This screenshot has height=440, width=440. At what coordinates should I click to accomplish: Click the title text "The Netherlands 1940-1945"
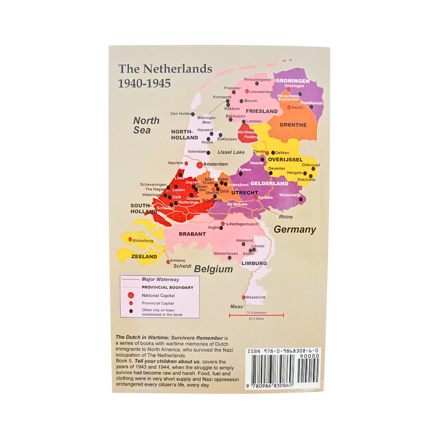coord(165,76)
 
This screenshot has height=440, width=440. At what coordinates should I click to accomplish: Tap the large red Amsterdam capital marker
coord(199,165)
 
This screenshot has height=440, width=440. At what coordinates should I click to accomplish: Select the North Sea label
coord(146,125)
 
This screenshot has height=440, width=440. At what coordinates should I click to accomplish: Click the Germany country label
coord(295,229)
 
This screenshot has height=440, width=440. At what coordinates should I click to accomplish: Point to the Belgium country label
coord(213,269)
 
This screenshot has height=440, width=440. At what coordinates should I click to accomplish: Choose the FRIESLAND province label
coord(262,111)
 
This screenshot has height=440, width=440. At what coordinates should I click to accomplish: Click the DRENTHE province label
coord(293,125)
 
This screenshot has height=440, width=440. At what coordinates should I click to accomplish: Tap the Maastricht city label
coord(256,297)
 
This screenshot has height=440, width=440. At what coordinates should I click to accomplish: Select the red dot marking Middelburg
coord(130,240)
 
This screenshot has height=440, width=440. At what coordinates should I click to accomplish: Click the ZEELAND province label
coord(144,257)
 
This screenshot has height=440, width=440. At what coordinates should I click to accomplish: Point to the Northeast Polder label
coord(248,134)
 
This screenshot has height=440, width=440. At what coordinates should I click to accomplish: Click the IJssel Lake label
coord(231,152)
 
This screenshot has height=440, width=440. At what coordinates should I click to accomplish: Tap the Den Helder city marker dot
coord(193,114)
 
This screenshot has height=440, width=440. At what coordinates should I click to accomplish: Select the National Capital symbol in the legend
coord(131,295)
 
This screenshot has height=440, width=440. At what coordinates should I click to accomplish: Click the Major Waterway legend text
coord(160,279)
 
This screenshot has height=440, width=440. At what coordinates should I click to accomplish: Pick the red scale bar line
coord(256,315)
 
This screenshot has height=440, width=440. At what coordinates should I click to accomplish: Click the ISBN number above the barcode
coord(283,351)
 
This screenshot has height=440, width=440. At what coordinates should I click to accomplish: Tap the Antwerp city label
coord(178,260)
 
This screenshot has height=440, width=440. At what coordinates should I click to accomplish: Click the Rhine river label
coord(286,217)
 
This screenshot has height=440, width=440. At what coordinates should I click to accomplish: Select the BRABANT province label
coord(192,234)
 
